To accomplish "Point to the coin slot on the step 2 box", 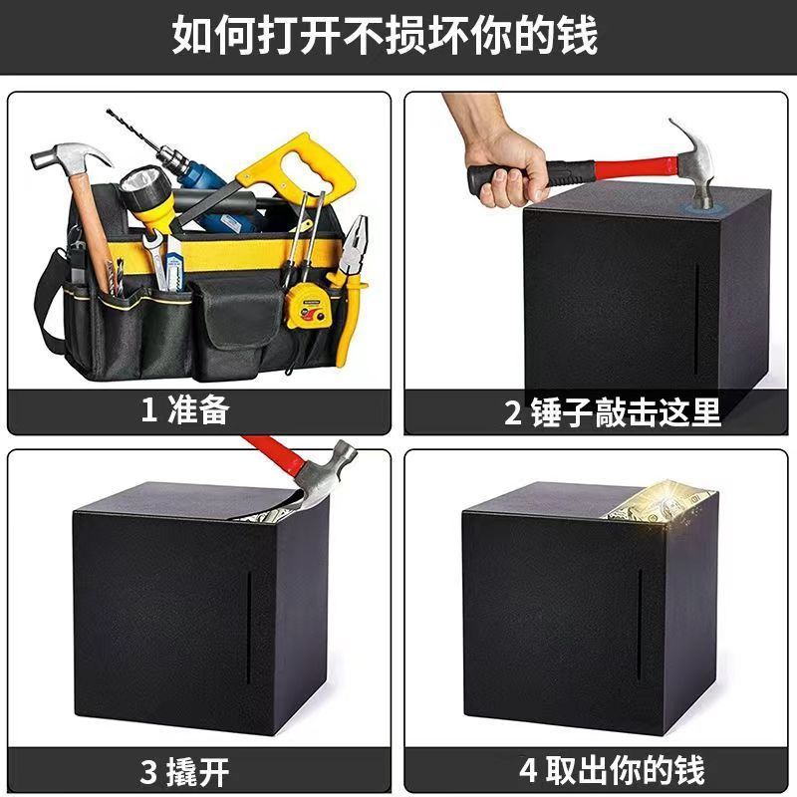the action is pyautogui.click(x=696, y=320).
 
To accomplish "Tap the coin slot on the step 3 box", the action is pyautogui.click(x=248, y=628).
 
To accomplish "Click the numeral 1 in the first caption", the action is pyautogui.click(x=148, y=410).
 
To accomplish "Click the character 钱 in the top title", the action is pyautogui.click(x=578, y=35).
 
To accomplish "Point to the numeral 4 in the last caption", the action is pyautogui.click(x=528, y=770).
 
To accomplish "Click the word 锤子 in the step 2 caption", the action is pyautogui.click(x=562, y=411).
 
